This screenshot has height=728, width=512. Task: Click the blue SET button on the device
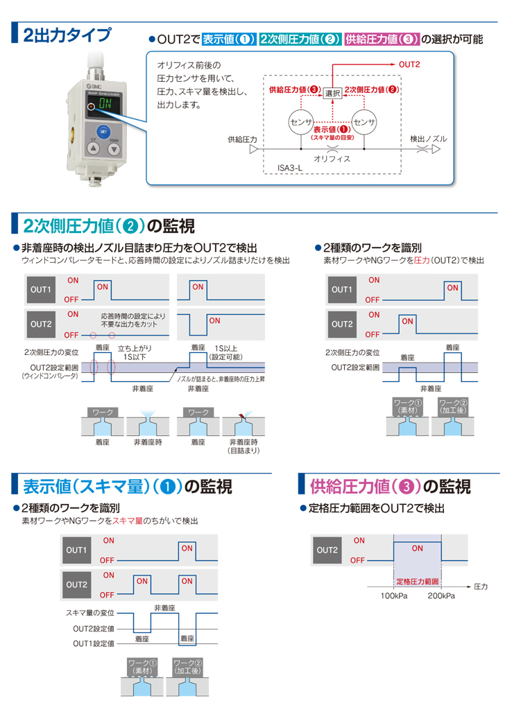103,132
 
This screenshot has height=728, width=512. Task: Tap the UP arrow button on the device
94,148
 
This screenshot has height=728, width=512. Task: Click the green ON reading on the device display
105,104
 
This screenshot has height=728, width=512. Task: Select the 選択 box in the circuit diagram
332,93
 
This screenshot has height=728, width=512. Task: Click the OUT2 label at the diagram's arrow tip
409,64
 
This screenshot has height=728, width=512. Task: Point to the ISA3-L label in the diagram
290,168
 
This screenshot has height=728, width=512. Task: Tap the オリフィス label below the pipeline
332,159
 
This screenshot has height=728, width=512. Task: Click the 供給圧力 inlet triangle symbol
254,149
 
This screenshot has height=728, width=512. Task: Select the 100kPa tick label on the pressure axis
394,596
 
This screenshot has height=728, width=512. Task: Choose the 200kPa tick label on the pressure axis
441,596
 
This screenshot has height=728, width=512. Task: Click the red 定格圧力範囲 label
417,582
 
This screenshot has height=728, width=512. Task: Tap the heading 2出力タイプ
67,35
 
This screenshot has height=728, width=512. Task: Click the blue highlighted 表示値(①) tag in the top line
228,39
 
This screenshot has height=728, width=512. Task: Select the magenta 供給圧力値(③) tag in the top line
382,39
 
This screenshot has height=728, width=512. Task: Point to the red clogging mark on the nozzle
241,415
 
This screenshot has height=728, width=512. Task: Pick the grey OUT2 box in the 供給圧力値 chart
327,551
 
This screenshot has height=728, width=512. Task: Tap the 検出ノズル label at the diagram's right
428,139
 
